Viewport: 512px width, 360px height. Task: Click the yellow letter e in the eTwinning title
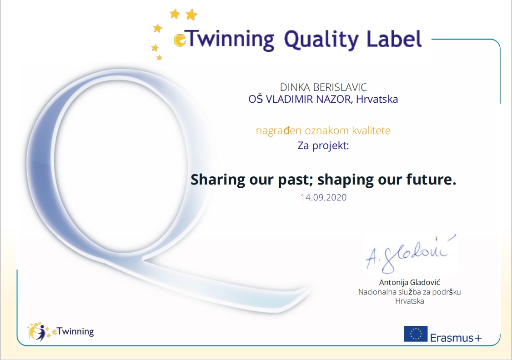click(180, 40)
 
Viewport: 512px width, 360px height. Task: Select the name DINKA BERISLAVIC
click(323, 87)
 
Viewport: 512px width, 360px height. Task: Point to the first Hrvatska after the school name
click(377, 99)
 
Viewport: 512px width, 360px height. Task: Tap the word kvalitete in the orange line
click(371, 130)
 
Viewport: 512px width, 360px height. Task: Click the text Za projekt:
click(323, 145)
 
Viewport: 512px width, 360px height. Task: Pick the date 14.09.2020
click(323, 197)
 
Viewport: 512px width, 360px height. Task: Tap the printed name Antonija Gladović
click(410, 282)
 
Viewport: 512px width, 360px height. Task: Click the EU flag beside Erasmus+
click(416, 334)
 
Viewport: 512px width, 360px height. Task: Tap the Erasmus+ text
click(456, 337)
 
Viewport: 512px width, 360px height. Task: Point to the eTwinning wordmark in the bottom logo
click(73, 332)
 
